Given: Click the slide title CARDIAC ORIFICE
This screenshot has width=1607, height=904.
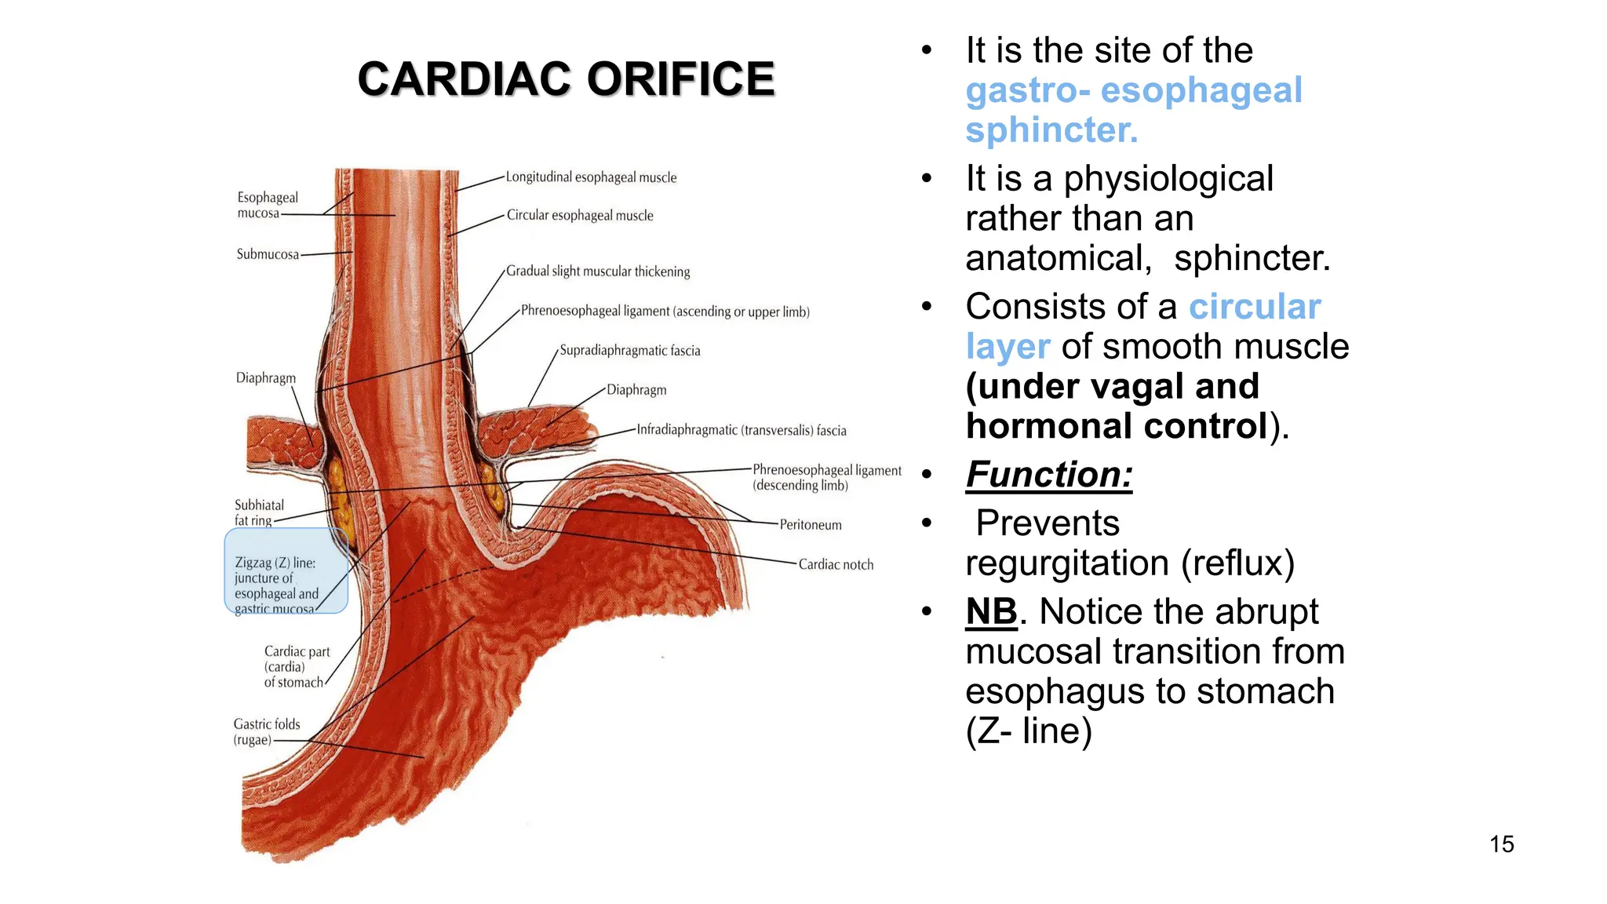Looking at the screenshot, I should click(566, 79).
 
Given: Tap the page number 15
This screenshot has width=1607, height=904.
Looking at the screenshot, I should click(1501, 844).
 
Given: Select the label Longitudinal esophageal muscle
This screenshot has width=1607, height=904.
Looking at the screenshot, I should click(591, 177).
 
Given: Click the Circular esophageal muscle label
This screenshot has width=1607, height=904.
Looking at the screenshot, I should click(580, 215).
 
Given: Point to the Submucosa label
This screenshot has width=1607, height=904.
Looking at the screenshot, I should click(268, 254).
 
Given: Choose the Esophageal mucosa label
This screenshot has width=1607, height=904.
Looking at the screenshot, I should click(267, 205).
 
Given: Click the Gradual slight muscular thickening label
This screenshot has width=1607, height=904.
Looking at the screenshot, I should click(598, 272).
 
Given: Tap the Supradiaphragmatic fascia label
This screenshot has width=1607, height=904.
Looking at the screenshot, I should click(629, 351).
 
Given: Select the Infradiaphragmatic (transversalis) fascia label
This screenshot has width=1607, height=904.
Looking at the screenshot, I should click(742, 430).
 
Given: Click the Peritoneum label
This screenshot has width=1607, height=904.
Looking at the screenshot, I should click(811, 525).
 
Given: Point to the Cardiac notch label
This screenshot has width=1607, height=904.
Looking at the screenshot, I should click(836, 564).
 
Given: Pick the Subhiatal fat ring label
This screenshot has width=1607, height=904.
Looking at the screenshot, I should click(258, 512).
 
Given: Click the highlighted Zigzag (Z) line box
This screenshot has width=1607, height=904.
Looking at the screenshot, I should click(286, 571).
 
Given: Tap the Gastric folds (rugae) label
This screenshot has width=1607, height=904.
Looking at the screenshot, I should click(266, 731).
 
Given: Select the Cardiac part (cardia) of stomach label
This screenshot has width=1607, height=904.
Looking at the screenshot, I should click(296, 667).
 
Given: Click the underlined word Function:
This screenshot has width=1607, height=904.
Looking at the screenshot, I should click(1049, 475).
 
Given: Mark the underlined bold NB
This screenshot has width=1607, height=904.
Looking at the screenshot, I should click(991, 611).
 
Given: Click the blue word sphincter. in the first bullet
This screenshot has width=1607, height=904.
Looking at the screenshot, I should click(1051, 130).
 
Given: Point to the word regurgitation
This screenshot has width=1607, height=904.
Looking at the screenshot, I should click(1067, 563).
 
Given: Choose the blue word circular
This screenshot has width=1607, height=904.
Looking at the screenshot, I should click(1255, 307).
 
